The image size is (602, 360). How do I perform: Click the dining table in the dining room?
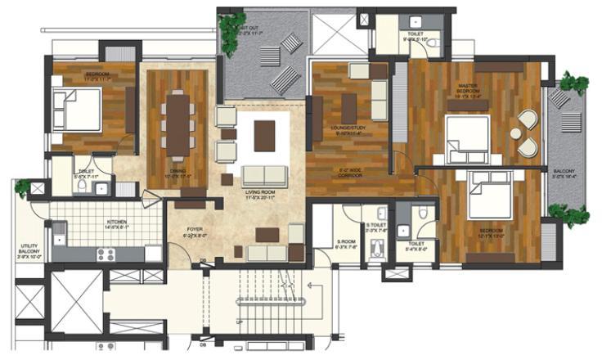[177, 123]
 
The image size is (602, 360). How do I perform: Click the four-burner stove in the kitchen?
[109, 254]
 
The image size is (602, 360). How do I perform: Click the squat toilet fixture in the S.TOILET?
[375, 250]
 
